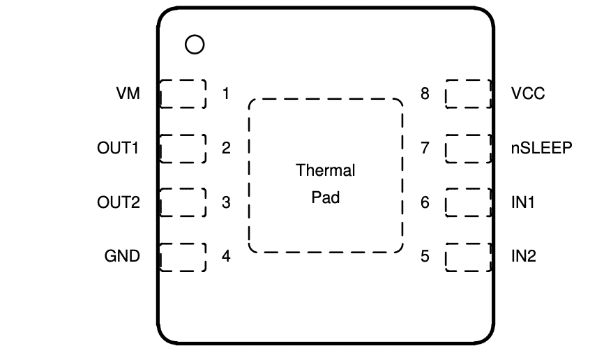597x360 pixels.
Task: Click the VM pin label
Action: pyautogui.click(x=128, y=93)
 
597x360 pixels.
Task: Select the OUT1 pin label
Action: pyautogui.click(x=119, y=148)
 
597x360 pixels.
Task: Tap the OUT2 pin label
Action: pyautogui.click(x=119, y=203)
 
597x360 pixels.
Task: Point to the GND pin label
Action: pyautogui.click(x=122, y=256)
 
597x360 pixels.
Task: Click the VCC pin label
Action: pyautogui.click(x=527, y=93)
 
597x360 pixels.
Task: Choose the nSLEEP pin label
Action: pyautogui.click(x=541, y=148)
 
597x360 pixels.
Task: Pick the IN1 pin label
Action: pyautogui.click(x=522, y=203)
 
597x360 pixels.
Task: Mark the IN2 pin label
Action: pyautogui.click(x=523, y=256)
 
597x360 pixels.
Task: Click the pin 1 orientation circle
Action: pyautogui.click(x=195, y=45)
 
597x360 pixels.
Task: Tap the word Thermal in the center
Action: pyautogui.click(x=326, y=170)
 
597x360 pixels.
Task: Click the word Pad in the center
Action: pyautogui.click(x=326, y=197)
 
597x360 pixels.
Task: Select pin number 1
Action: pyautogui.click(x=225, y=93)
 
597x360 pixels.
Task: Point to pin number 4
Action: pyautogui.click(x=225, y=256)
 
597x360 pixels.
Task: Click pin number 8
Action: pyautogui.click(x=425, y=93)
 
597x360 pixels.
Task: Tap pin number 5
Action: pyautogui.click(x=425, y=256)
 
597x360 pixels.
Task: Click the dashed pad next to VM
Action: pyautogui.click(x=183, y=93)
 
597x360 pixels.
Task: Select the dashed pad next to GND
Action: pyautogui.click(x=183, y=257)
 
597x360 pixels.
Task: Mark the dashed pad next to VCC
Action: pyautogui.click(x=468, y=93)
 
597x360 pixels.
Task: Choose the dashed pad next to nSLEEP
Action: pyautogui.click(x=468, y=149)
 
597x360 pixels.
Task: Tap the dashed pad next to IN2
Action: pyautogui.click(x=468, y=257)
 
